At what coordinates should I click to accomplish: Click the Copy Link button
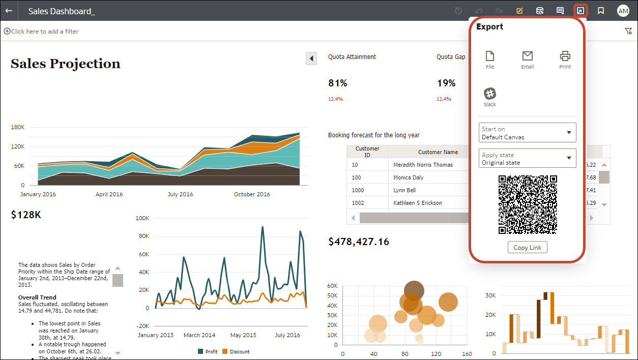coord(528,247)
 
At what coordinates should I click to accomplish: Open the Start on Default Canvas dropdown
coord(527,133)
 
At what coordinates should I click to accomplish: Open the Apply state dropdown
coord(527,159)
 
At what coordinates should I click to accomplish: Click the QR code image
coord(528,204)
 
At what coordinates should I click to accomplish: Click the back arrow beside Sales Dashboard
coord(9,11)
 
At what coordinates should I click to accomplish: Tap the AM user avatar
coord(623,11)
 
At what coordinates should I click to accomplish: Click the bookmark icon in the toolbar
coord(601,11)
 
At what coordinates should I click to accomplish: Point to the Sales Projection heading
coord(66,64)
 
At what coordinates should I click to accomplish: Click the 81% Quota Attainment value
coord(338,83)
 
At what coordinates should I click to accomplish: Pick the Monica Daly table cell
coord(409,177)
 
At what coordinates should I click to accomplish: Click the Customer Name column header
coord(438,152)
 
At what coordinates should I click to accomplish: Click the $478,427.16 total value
coord(359,242)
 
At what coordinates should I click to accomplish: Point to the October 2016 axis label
coord(252,194)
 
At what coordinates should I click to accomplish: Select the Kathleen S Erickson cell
coord(418,203)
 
